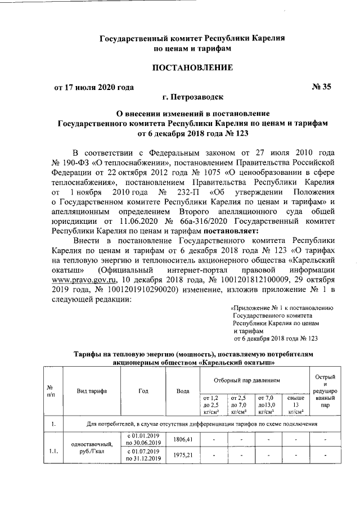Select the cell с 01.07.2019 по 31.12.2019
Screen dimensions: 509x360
(x=143, y=455)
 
